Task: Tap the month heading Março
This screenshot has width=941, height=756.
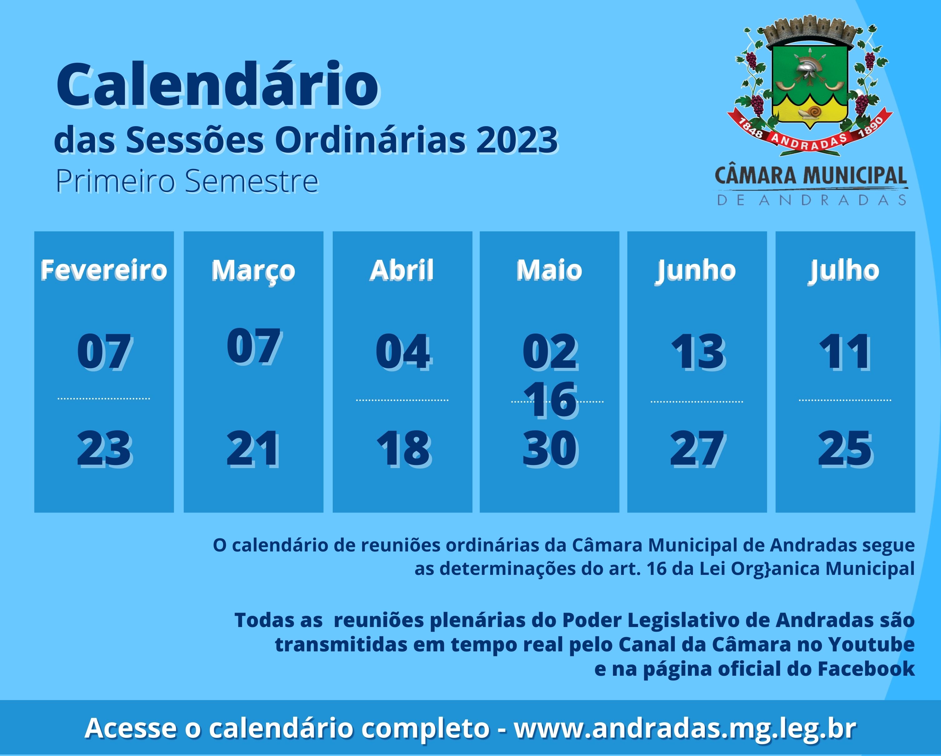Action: point(253,270)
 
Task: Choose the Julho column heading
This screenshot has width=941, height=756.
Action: point(844,270)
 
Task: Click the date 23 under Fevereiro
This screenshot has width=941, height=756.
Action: point(104,448)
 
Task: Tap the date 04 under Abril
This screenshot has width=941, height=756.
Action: point(403,351)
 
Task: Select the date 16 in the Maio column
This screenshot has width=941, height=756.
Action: point(550,400)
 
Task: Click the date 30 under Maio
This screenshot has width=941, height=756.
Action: point(550,448)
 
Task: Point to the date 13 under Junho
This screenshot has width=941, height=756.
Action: point(697,351)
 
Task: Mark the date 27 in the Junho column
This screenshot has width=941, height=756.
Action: point(697,448)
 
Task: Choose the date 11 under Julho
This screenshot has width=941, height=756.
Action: point(844,351)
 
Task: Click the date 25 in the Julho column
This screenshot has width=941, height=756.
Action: point(844,448)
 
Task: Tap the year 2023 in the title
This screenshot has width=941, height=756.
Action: point(517,141)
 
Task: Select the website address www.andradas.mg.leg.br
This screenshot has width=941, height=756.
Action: point(685,728)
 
